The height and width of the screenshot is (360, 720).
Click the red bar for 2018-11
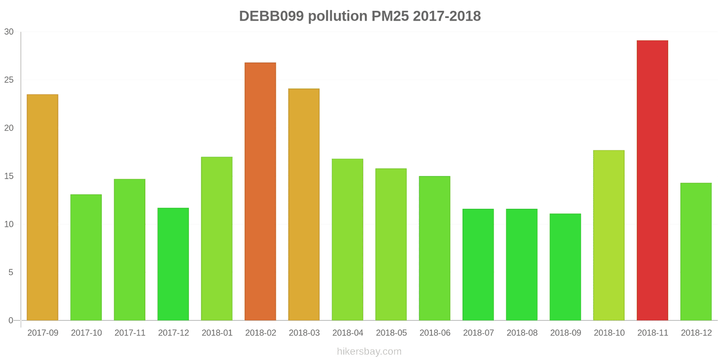(652, 180)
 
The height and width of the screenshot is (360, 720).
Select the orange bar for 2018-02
(261, 192)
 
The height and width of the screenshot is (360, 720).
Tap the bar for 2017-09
(43, 207)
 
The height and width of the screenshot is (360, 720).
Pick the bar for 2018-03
(304, 205)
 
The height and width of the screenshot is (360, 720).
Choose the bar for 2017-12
(173, 264)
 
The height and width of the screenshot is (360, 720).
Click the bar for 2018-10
(609, 235)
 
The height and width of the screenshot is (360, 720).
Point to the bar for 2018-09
(565, 267)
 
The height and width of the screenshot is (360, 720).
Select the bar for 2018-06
(435, 248)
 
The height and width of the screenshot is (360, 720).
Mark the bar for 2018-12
(696, 252)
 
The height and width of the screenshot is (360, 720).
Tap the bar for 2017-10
(86, 257)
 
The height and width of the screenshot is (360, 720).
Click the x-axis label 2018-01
(217, 333)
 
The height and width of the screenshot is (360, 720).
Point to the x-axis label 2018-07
(478, 333)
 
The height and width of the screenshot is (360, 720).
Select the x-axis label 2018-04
(348, 333)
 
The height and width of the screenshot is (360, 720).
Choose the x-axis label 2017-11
(130, 333)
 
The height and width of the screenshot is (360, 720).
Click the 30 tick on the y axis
(9, 32)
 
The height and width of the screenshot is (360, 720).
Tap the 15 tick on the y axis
(9, 176)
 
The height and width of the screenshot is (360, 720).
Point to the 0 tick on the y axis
(11, 320)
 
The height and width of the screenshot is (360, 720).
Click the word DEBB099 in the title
(271, 16)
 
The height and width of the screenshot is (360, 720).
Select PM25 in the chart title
(390, 16)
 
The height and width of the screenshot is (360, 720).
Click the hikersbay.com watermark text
(369, 351)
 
